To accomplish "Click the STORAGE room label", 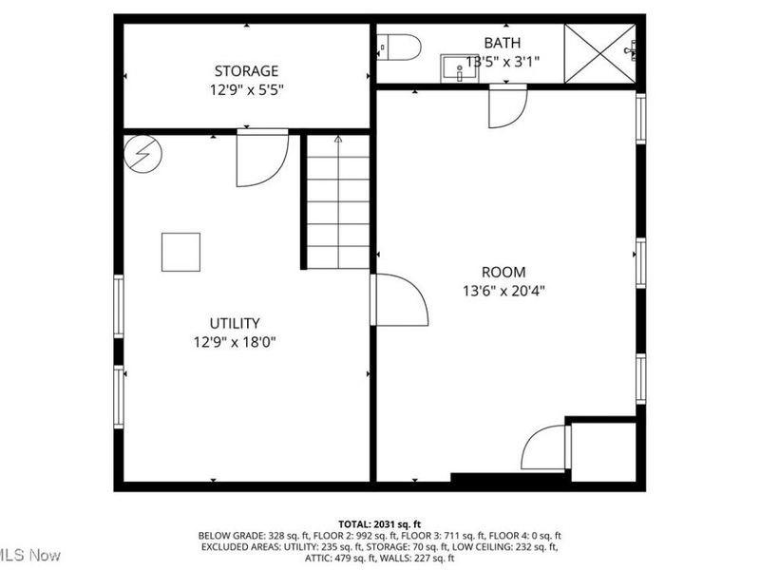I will tap(246, 70).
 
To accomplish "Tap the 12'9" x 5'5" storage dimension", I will tap(246, 90).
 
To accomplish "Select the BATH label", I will tap(503, 43).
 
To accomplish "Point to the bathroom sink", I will tap(459, 67).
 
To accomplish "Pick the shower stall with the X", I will tap(599, 54).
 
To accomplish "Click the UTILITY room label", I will tap(235, 323).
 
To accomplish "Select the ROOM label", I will tap(503, 272).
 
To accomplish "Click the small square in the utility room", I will tap(180, 252).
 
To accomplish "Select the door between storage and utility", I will tap(260, 159).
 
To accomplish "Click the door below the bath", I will tap(506, 105).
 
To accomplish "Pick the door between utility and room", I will tap(399, 300).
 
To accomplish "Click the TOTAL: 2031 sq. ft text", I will tap(379, 523).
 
